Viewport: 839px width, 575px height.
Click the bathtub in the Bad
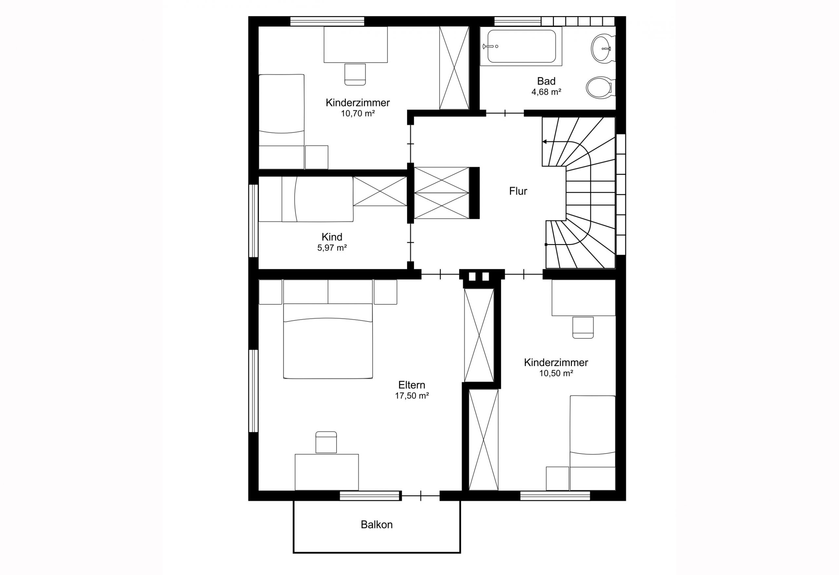pos(521,46)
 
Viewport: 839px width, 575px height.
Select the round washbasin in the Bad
pos(601,48)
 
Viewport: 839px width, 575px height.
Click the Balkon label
pos(377,524)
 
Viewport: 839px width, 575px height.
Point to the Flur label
pos(518,191)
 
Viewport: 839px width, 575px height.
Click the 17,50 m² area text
pos(412,396)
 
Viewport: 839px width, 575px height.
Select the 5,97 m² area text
pos(332,248)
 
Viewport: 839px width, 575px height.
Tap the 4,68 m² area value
pos(546,92)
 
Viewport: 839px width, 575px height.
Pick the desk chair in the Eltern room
pos(326,442)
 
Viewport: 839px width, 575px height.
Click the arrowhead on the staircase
pos(544,142)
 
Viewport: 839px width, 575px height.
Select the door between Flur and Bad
pos(504,113)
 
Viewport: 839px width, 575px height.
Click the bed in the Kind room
pos(306,199)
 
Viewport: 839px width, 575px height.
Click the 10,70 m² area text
pos(358,113)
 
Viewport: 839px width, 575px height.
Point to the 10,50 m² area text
pos(556,373)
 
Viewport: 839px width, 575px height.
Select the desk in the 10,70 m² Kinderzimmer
pos(355,45)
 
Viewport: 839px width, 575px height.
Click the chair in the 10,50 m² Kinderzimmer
pos(583,327)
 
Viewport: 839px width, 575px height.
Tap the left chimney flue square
pos(473,277)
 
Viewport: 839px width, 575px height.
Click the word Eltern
pos(412,385)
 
